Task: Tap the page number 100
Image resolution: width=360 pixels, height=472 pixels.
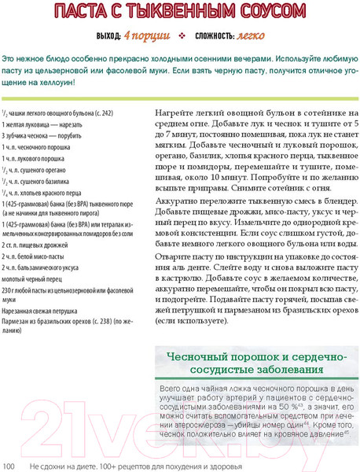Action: (x=9, y=466)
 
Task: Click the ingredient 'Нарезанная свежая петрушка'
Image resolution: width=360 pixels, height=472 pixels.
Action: (x=41, y=311)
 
